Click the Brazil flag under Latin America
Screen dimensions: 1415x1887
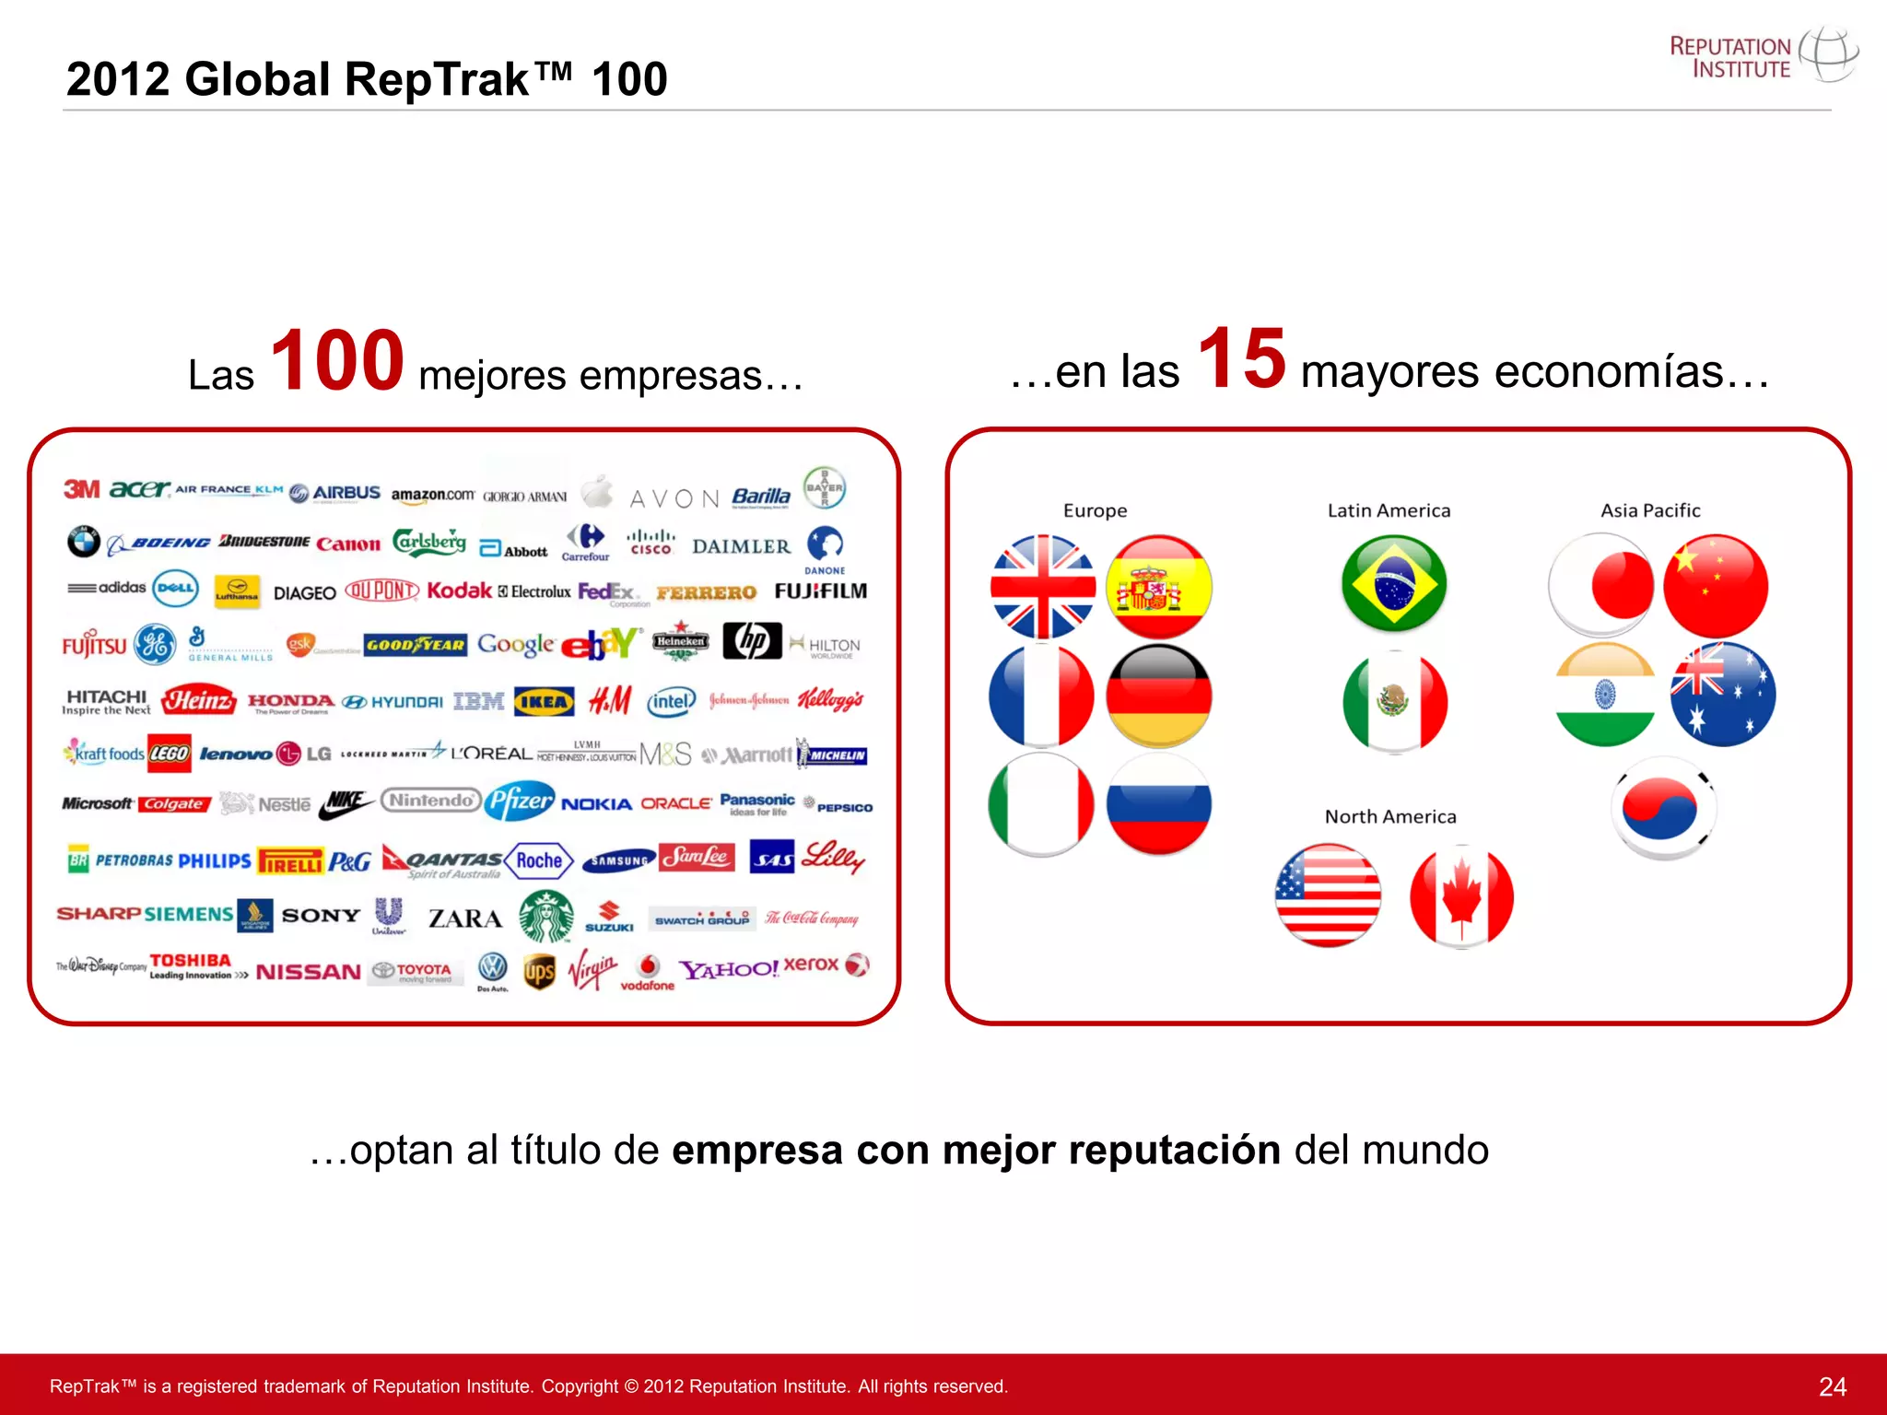(1394, 584)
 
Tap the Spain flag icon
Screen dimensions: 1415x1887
(1158, 587)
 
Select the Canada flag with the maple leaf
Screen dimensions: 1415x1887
(1461, 895)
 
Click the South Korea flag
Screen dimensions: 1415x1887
(1664, 807)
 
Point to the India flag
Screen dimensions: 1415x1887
(1604, 695)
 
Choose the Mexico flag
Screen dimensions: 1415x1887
(1394, 701)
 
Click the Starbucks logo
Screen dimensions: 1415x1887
(545, 916)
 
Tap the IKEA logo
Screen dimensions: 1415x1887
(544, 702)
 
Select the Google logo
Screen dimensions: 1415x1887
(516, 644)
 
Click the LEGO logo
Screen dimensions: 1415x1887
(170, 754)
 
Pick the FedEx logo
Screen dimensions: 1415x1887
(606, 591)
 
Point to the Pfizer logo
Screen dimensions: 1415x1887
(521, 801)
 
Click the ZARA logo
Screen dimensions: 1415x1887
(465, 918)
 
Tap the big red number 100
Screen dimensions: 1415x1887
(337, 360)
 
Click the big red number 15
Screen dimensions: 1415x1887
(1241, 358)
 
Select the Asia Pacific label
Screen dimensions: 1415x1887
(1650, 510)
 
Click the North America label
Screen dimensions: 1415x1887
(1390, 816)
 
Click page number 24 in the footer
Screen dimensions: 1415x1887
(1832, 1386)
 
